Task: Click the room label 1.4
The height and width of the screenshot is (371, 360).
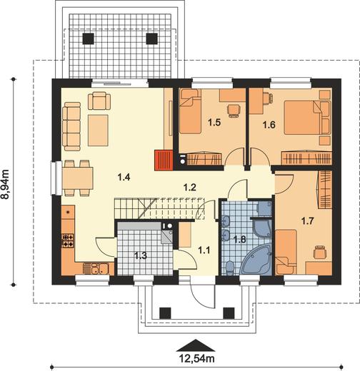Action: (x=124, y=177)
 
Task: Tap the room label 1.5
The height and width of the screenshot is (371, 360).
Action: (x=214, y=123)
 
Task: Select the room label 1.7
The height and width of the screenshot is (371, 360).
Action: (x=307, y=221)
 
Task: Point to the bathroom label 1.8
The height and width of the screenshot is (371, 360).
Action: (x=239, y=239)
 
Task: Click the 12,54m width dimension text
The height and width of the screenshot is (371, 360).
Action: (x=196, y=358)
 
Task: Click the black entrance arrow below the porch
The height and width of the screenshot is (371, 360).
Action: (x=196, y=345)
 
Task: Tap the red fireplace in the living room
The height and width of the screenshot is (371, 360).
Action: (x=164, y=161)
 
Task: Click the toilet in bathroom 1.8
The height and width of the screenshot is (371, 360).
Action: (x=230, y=268)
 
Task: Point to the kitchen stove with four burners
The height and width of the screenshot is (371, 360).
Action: (x=68, y=240)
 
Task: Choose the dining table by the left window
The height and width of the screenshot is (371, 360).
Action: (x=78, y=178)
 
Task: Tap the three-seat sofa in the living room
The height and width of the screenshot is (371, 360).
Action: (x=71, y=126)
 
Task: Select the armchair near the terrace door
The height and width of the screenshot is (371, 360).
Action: (x=99, y=101)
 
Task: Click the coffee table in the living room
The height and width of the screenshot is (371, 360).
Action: (x=98, y=131)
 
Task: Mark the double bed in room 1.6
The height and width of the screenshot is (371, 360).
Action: (x=307, y=118)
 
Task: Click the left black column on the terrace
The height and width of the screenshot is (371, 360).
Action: (x=88, y=39)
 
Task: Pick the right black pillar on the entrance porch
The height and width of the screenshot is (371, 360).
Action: (x=229, y=313)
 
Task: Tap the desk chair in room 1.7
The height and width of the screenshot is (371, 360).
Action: (x=320, y=252)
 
